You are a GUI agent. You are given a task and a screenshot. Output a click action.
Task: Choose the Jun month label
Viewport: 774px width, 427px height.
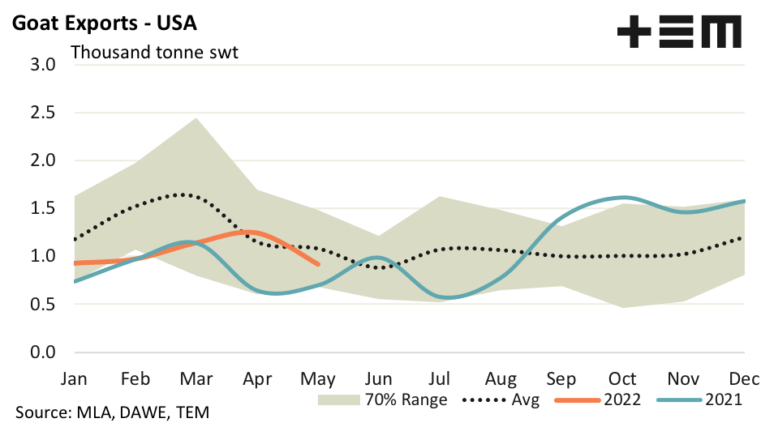pyautogui.click(x=378, y=379)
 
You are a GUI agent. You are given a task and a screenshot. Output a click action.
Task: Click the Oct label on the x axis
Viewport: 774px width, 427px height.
pyautogui.click(x=622, y=379)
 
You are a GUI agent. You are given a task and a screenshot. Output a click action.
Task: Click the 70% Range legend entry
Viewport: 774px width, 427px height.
pyautogui.click(x=383, y=399)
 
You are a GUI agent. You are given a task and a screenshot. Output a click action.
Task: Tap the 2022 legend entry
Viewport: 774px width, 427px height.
pyautogui.click(x=598, y=399)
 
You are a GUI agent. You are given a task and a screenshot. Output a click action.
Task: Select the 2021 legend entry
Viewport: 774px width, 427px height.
pyautogui.click(x=702, y=399)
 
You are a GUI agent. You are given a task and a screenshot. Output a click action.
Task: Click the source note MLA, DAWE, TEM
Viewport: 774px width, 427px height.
pyautogui.click(x=112, y=412)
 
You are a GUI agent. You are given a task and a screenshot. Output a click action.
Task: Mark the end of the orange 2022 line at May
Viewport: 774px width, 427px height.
pyautogui.click(x=317, y=263)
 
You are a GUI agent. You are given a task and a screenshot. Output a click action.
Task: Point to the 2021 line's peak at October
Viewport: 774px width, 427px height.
pyautogui.click(x=622, y=197)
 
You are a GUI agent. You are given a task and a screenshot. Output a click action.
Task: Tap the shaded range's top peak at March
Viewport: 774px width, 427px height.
pyautogui.click(x=196, y=118)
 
